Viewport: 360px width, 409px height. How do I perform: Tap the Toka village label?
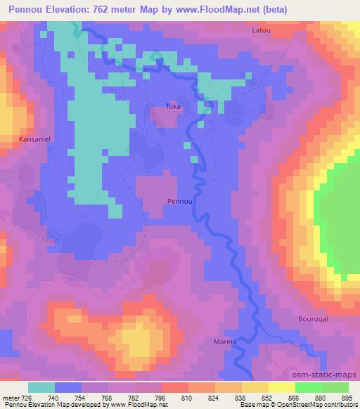172,106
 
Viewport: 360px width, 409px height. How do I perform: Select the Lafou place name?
261,31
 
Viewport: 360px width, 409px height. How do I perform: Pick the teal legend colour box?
41,387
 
